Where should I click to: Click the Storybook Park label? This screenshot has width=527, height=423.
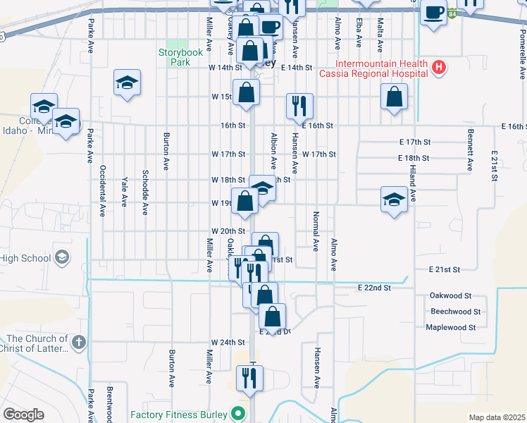coord(180,57)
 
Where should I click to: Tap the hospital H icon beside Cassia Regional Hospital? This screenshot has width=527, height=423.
coord(440,68)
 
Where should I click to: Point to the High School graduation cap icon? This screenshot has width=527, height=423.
coord(63,257)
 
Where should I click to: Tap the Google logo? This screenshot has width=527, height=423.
coord(23,415)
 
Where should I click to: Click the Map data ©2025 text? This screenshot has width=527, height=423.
coord(497,417)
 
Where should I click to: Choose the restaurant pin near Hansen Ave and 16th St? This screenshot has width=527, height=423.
coord(299,106)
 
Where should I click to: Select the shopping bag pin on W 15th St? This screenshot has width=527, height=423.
coord(246,93)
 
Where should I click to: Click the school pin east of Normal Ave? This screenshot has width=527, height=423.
coord(394,200)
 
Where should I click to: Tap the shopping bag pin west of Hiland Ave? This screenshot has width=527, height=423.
coord(395,97)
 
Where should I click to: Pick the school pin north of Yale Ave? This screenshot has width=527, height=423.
coord(127,82)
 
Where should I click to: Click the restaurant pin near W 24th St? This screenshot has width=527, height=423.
coord(249,378)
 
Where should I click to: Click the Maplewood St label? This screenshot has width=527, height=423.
coord(451,327)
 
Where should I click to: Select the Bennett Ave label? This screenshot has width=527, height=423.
coord(469,149)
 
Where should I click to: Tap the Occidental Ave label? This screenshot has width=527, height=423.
coord(103,190)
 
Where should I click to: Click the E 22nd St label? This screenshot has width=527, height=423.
coord(373,288)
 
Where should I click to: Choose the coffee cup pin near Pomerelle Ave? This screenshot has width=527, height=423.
coord(434,12)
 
